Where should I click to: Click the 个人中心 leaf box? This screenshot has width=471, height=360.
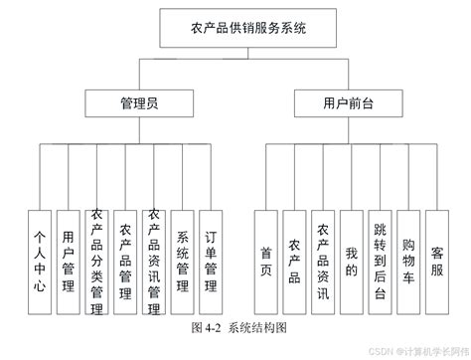[39, 261]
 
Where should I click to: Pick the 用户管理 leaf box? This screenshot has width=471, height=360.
[68, 261]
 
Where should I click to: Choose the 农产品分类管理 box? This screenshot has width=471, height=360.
[96, 261]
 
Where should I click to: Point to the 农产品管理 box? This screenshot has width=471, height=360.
[125, 261]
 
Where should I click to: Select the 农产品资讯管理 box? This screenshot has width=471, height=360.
[154, 261]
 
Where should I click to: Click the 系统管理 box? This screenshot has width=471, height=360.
[183, 261]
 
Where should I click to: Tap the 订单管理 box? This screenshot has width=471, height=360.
[211, 261]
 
